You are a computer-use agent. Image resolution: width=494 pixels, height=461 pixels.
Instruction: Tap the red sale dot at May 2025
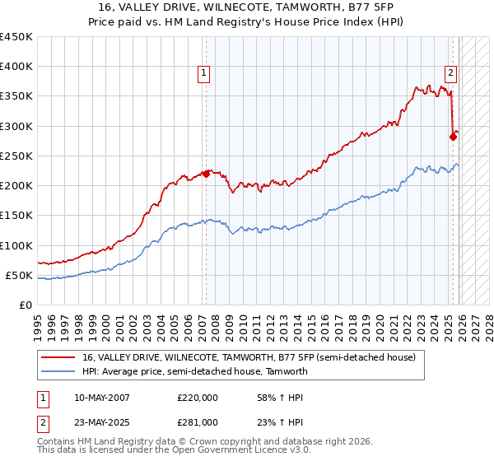coord(453,137)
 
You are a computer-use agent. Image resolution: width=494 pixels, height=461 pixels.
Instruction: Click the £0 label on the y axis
coord(25,305)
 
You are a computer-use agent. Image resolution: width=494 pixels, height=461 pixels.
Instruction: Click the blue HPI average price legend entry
coord(194,371)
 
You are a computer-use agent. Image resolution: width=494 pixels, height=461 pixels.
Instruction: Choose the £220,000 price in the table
coord(197,398)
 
